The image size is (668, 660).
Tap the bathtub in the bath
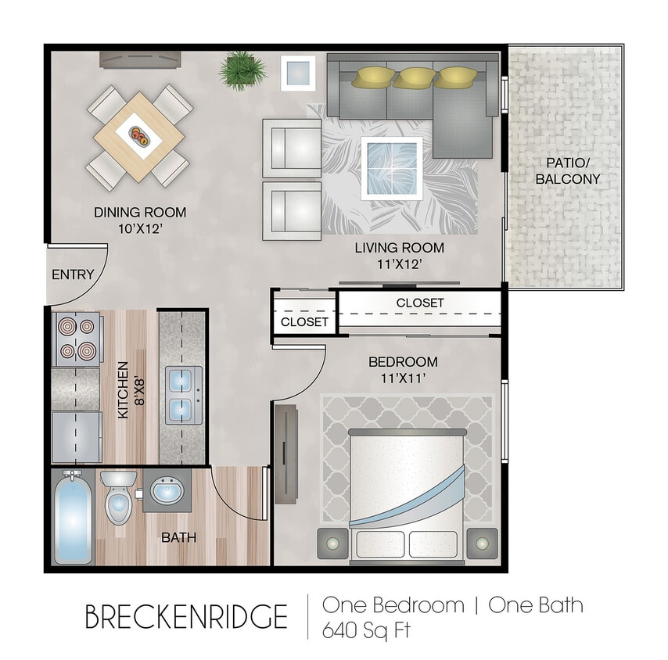coord(73,520)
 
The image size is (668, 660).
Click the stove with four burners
coord(76,339)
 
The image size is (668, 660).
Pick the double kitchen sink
coord(184,395)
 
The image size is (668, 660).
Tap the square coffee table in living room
coord(392,167)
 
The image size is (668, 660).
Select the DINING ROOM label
coord(140,212)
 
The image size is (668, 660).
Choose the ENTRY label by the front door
coord(73,274)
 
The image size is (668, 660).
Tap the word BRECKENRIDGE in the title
coord(186,616)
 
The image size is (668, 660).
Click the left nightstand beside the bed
coord(333,541)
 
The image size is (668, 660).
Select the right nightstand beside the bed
coord(481,541)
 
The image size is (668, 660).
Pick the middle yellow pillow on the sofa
coord(411,77)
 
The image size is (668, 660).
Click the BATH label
coord(178,538)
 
